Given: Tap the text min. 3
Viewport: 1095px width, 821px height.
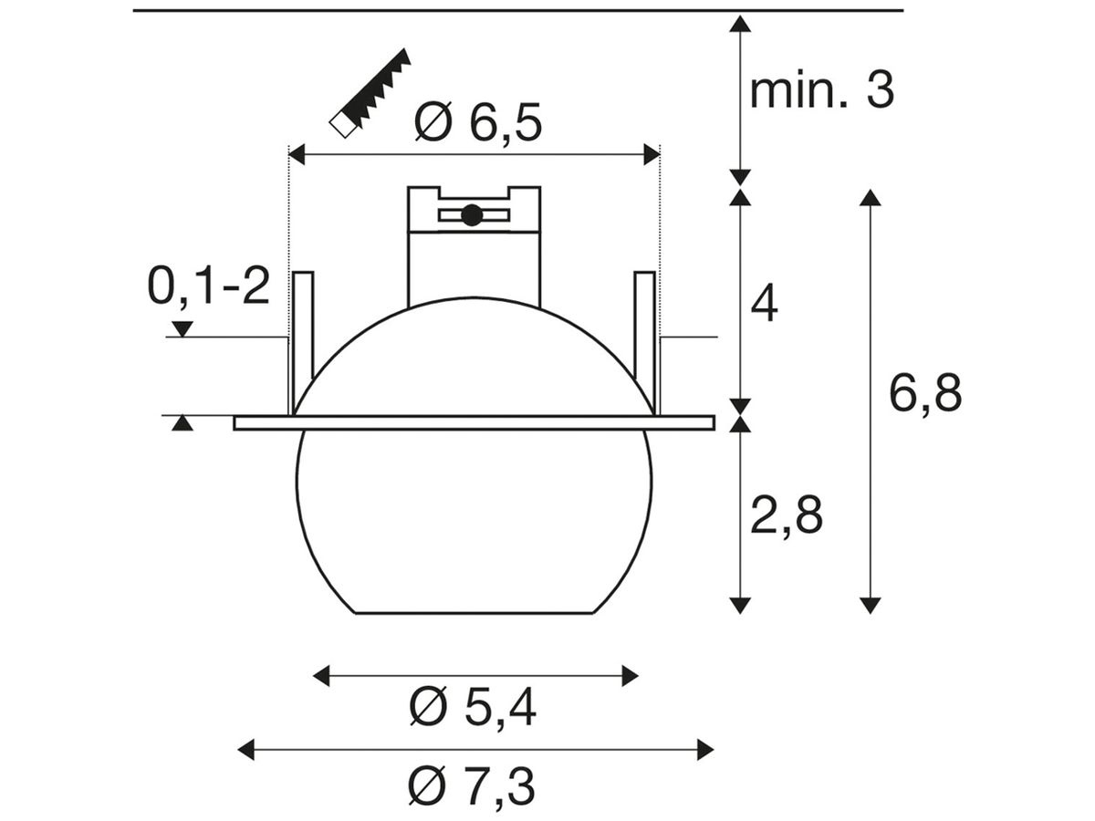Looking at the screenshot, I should [821, 91].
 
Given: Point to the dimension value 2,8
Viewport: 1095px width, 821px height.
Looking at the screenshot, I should [787, 517].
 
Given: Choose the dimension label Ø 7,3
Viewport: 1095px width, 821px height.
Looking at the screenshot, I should [473, 786].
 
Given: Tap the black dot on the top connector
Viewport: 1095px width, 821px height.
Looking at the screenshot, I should [471, 215].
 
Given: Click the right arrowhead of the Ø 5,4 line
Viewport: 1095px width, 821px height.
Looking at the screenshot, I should [630, 675].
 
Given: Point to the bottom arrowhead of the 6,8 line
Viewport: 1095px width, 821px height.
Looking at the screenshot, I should [871, 604].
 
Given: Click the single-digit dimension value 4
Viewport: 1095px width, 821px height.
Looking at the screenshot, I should [764, 304].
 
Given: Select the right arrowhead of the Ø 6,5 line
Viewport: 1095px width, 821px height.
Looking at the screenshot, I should [651, 155].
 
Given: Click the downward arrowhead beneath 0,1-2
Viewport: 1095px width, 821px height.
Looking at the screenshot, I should [183, 329].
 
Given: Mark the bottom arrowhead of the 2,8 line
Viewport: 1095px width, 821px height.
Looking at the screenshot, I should [740, 604].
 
